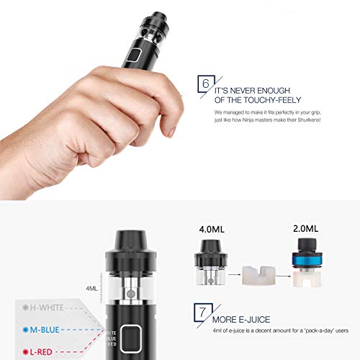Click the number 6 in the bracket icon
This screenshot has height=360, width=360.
206,84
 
